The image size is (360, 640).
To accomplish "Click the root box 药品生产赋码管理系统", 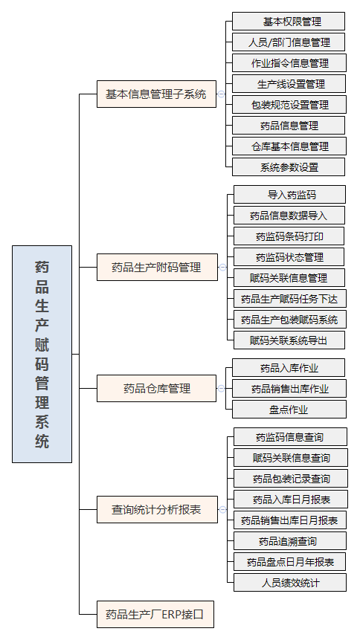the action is [42, 354].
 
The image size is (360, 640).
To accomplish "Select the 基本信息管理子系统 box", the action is [156, 94].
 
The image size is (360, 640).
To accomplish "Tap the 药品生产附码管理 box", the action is [158, 268].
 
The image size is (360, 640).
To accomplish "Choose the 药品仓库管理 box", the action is [156, 388].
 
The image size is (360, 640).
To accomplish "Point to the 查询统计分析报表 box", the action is [158, 509].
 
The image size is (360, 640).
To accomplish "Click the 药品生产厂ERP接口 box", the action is [155, 614].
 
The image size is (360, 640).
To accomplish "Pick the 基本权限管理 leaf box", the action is [289, 22].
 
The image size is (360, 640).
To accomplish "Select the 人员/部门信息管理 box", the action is [289, 42].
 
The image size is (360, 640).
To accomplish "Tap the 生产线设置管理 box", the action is [289, 84].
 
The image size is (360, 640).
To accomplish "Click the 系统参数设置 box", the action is [289, 167].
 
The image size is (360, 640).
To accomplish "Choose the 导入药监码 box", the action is [290, 195].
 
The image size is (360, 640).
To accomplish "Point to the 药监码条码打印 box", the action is [289, 236].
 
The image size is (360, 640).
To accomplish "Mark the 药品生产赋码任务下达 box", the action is [290, 299].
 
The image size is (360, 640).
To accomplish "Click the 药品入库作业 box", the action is [289, 368].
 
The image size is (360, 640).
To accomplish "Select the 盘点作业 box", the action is [289, 410].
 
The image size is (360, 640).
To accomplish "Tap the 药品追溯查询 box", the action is [290, 541].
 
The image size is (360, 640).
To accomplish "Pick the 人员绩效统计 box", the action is [290, 583].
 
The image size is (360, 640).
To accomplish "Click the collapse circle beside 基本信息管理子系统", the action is [221, 94].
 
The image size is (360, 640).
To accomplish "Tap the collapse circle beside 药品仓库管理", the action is [221, 388].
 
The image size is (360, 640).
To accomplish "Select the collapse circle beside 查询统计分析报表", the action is [222, 509].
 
